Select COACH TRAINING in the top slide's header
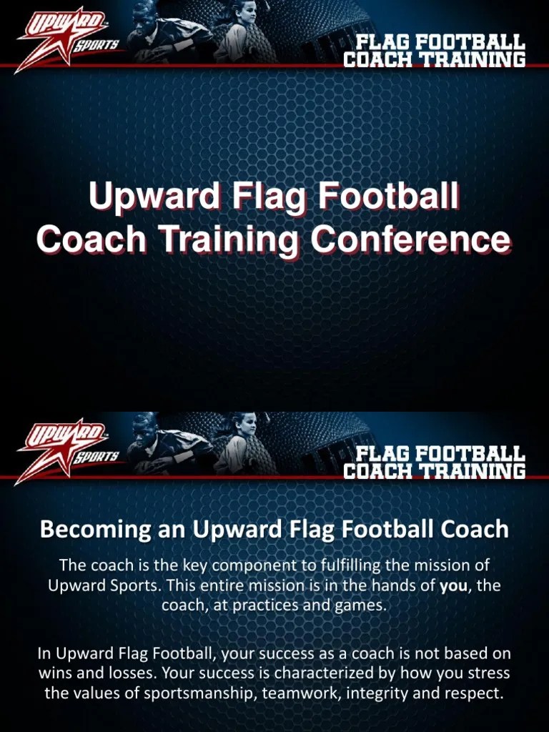click(x=434, y=59)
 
